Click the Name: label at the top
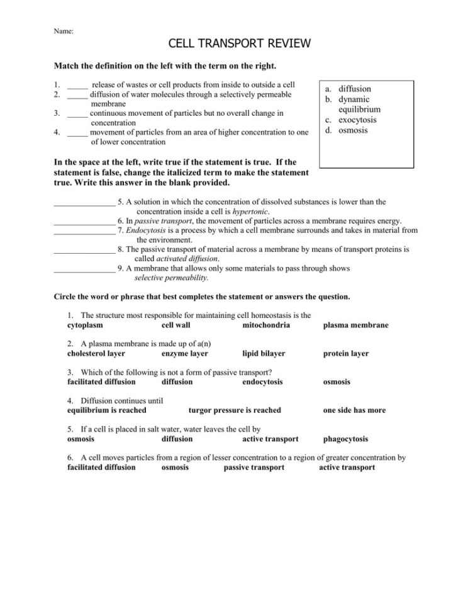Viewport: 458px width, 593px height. [x=63, y=30]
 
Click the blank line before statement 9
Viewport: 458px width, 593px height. [x=84, y=268]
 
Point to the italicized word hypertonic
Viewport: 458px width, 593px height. [x=251, y=212]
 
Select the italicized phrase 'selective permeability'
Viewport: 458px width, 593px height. [x=171, y=278]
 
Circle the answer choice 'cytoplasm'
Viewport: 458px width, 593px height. [x=85, y=325]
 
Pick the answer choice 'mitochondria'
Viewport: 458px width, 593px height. [x=266, y=325]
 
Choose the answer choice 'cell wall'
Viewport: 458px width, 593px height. [x=176, y=325]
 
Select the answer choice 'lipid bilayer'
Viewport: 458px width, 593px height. [x=264, y=354]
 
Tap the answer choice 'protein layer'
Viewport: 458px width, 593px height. [x=346, y=354]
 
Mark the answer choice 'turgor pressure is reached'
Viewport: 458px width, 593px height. [x=235, y=410]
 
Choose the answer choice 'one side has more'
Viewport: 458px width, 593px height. [x=354, y=410]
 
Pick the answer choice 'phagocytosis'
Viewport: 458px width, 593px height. [x=345, y=439]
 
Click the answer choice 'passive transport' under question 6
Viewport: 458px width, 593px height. [x=254, y=468]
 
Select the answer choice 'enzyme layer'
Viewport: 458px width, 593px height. [x=184, y=354]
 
